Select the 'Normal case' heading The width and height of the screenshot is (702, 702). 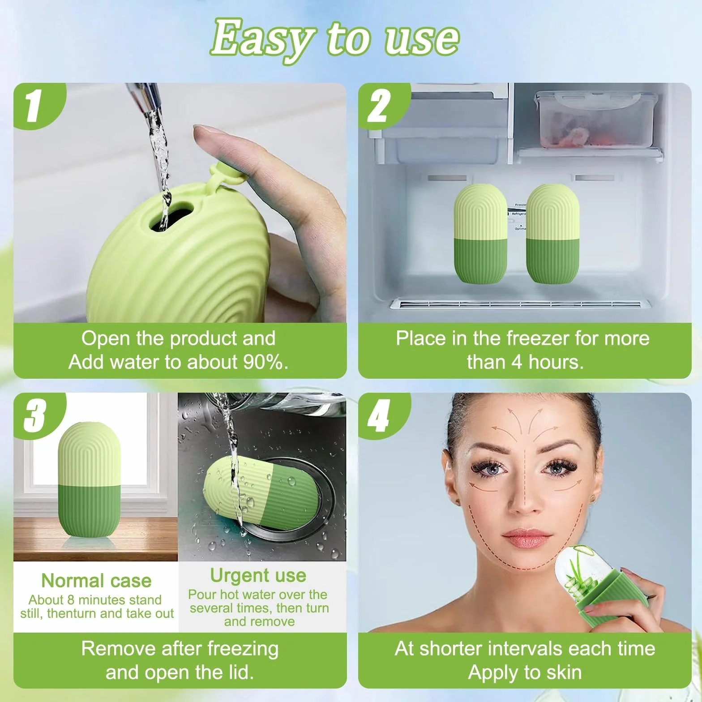(x=96, y=580)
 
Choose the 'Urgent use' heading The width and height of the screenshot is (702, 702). (x=258, y=575)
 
